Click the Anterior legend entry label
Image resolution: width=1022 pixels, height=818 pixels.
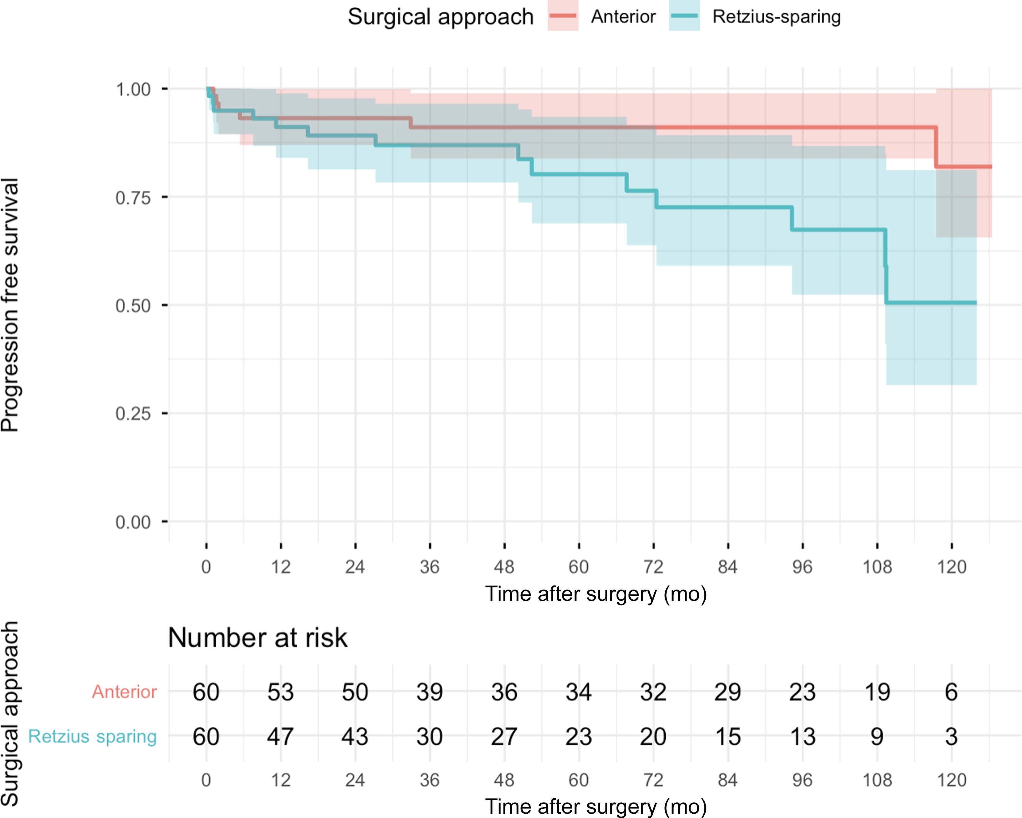(x=623, y=17)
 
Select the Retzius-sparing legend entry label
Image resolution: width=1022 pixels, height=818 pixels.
(x=777, y=17)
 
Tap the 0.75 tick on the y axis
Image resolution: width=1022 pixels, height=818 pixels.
(x=164, y=197)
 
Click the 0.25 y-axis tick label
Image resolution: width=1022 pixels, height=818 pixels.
(x=133, y=414)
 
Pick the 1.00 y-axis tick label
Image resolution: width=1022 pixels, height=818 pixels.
(x=133, y=89)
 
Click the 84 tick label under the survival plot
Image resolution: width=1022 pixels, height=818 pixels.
(x=728, y=567)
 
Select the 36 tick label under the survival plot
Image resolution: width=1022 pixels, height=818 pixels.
(x=429, y=567)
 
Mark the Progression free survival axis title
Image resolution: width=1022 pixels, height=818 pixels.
(x=10, y=305)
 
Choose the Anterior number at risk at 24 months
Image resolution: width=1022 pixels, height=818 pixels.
(x=355, y=692)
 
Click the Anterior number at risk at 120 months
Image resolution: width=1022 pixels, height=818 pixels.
(x=951, y=692)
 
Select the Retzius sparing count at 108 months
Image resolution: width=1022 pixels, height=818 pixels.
(x=877, y=737)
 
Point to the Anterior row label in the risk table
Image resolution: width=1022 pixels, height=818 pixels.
(x=124, y=692)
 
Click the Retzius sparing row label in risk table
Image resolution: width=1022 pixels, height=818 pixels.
(x=92, y=737)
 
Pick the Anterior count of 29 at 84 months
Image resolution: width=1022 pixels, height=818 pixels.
(x=728, y=692)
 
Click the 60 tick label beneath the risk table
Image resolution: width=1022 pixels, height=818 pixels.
(x=579, y=780)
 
